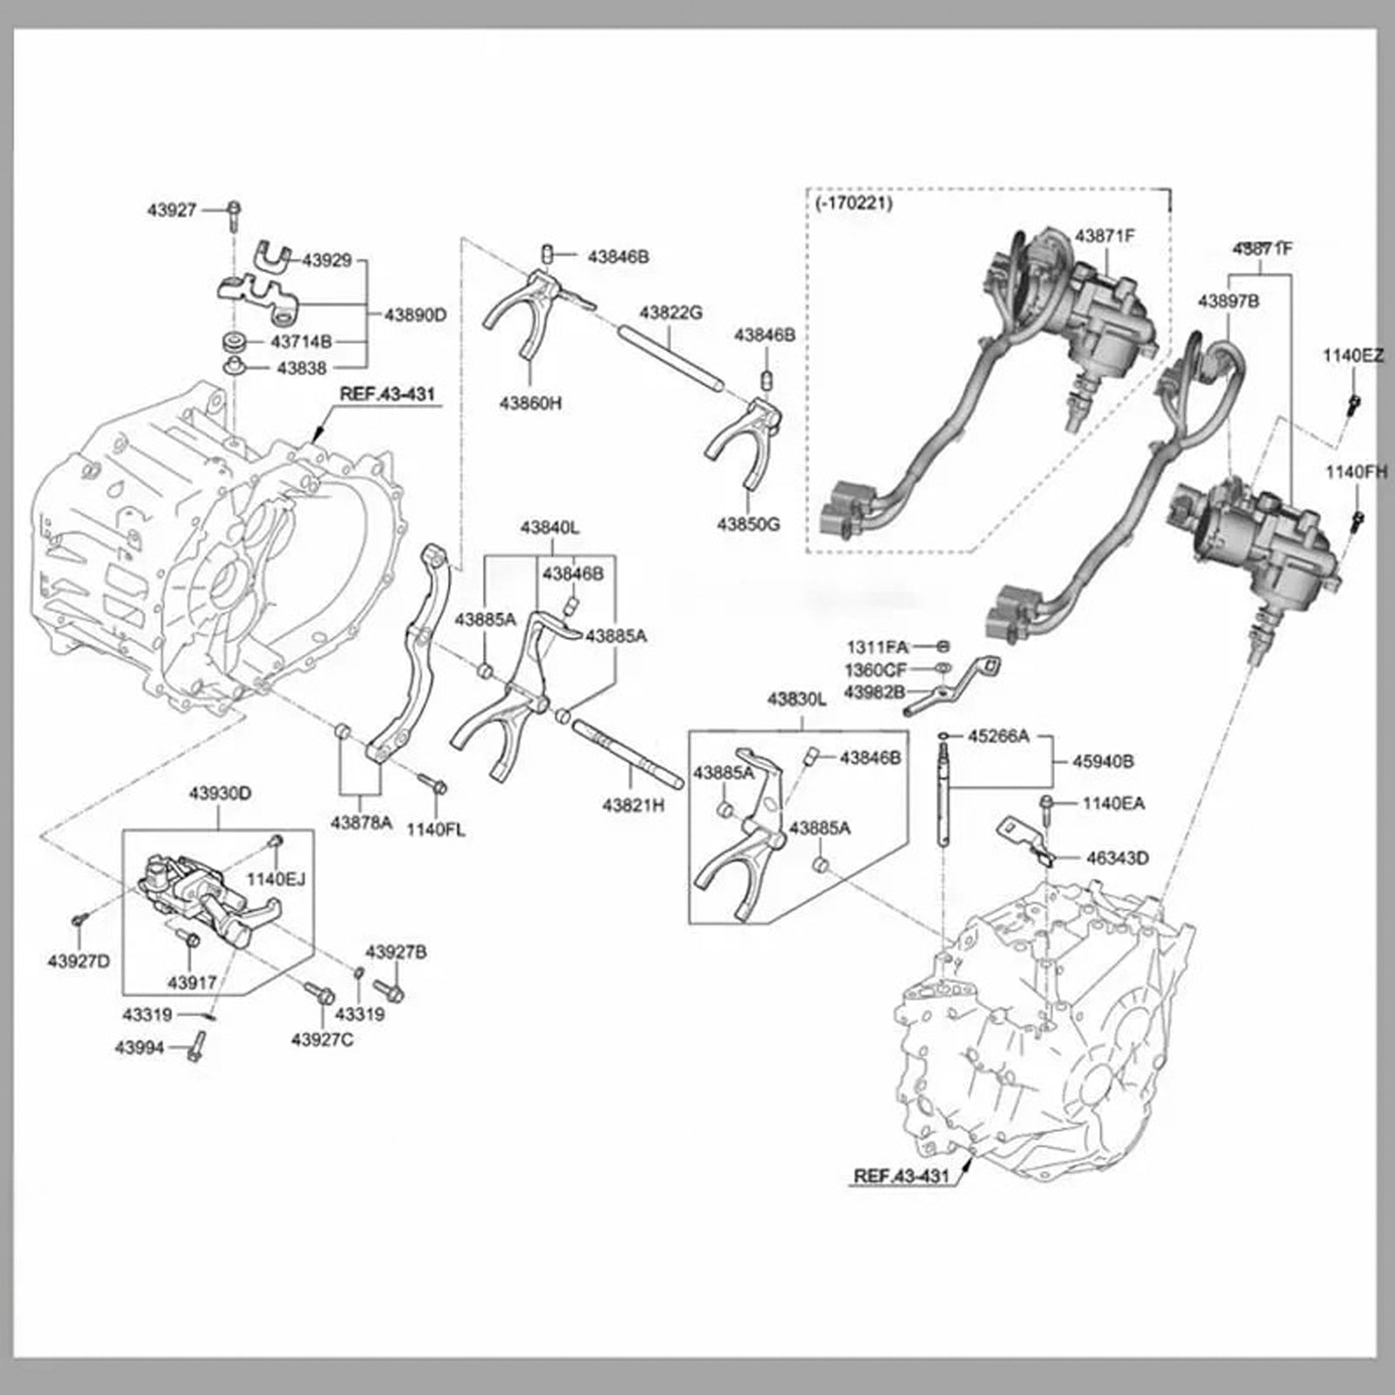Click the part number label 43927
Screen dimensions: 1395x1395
point(172,210)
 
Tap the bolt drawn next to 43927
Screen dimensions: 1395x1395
point(235,214)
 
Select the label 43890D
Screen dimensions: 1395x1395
point(415,315)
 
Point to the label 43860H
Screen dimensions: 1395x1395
point(530,403)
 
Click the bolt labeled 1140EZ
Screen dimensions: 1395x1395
point(1354,403)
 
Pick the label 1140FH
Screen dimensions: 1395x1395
point(1356,472)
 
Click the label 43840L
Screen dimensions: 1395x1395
point(549,527)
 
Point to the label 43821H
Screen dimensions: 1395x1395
point(633,806)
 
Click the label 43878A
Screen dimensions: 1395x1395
point(361,821)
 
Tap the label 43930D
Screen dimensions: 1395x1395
point(220,793)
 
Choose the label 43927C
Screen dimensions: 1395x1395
point(322,1039)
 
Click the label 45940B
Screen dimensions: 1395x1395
point(1103,761)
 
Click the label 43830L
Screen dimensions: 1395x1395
point(796,699)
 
